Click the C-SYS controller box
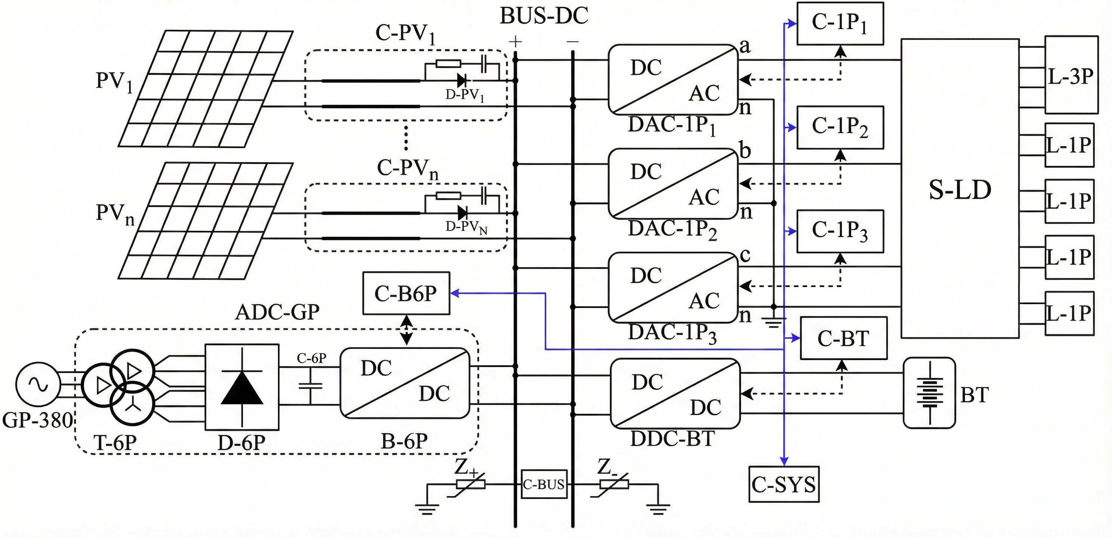[x=784, y=484]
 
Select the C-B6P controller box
[x=406, y=293]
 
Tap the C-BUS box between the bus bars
[x=543, y=484]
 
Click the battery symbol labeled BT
[x=929, y=393]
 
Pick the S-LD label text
[x=960, y=189]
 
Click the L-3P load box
[x=1071, y=75]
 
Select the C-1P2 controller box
[x=840, y=127]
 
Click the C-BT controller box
[x=843, y=338]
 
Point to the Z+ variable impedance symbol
[x=471, y=484]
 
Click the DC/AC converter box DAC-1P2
[x=673, y=183]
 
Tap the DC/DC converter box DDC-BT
[x=675, y=393]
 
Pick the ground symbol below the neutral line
[x=773, y=322]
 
